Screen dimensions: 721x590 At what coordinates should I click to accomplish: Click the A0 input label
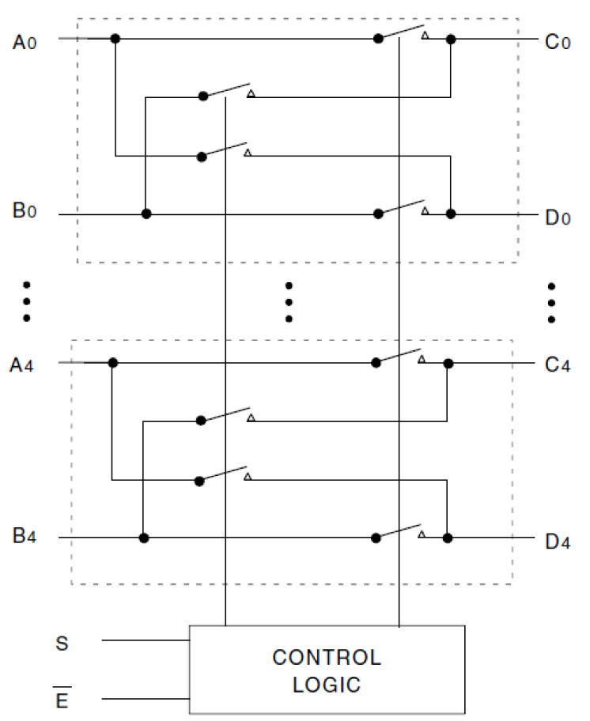click(25, 41)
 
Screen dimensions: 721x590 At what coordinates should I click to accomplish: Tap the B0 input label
click(25, 214)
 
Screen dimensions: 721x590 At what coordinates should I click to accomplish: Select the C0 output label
click(557, 41)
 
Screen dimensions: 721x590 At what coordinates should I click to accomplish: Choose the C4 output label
click(557, 365)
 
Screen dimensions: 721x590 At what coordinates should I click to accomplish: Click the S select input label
click(62, 643)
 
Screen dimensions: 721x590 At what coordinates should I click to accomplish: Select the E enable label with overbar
click(62, 698)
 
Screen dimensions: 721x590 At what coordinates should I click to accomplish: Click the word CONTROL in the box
click(327, 657)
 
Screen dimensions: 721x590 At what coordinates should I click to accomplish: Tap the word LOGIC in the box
click(327, 685)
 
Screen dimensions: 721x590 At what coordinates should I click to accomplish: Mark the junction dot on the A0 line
click(115, 38)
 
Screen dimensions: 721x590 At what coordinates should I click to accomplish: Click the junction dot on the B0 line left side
click(146, 213)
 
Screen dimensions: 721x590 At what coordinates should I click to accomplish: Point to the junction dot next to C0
click(451, 38)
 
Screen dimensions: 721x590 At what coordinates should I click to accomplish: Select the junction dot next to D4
click(448, 538)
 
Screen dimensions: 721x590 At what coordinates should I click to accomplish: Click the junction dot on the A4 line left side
click(113, 363)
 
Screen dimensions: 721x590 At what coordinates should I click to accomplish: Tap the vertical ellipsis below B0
click(26, 301)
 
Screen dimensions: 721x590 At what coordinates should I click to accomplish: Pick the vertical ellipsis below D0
click(552, 303)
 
